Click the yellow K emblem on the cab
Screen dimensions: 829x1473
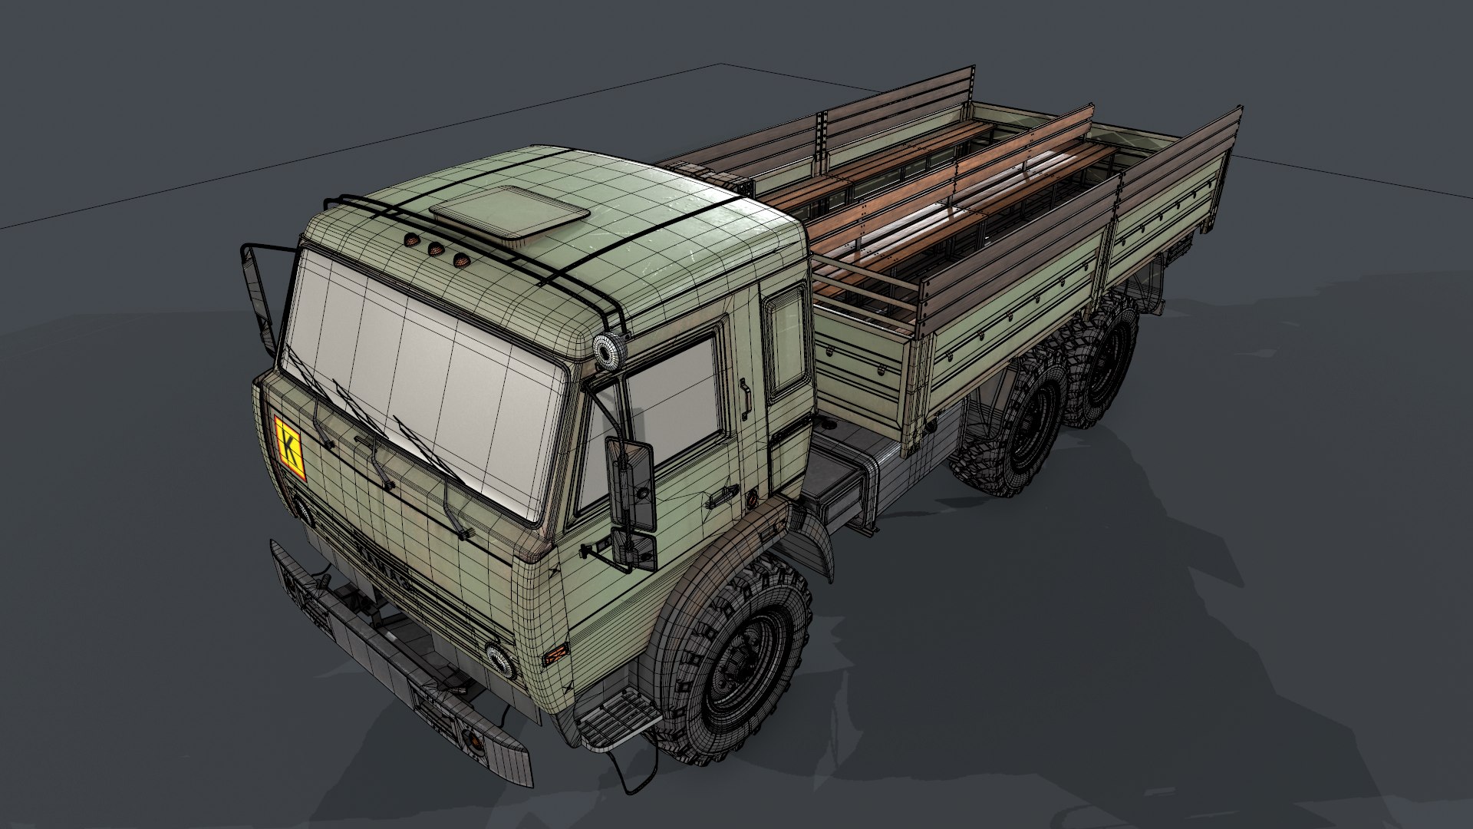tap(289, 448)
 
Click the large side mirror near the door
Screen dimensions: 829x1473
tap(630, 484)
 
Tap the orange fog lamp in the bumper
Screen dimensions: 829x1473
tap(473, 741)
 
